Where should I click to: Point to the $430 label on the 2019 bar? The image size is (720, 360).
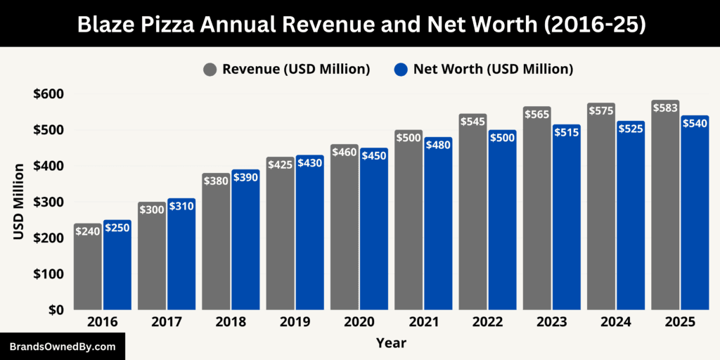pyautogui.click(x=309, y=162)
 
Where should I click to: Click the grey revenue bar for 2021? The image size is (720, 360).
pyautogui.click(x=409, y=225)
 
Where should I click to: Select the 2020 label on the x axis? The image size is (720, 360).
pyautogui.click(x=359, y=322)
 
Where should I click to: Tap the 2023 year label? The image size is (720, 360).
pyautogui.click(x=551, y=322)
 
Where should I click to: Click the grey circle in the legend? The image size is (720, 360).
pyautogui.click(x=210, y=69)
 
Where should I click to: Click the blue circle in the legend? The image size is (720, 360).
pyautogui.click(x=401, y=69)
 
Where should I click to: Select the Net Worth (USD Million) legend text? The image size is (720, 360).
pyautogui.click(x=493, y=69)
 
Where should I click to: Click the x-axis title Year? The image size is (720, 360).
pyautogui.click(x=391, y=343)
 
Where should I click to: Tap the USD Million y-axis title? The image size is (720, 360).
pyautogui.click(x=19, y=201)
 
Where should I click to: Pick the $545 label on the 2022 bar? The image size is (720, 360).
pyautogui.click(x=472, y=122)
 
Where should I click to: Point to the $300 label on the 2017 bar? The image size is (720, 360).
pyautogui.click(x=152, y=210)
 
